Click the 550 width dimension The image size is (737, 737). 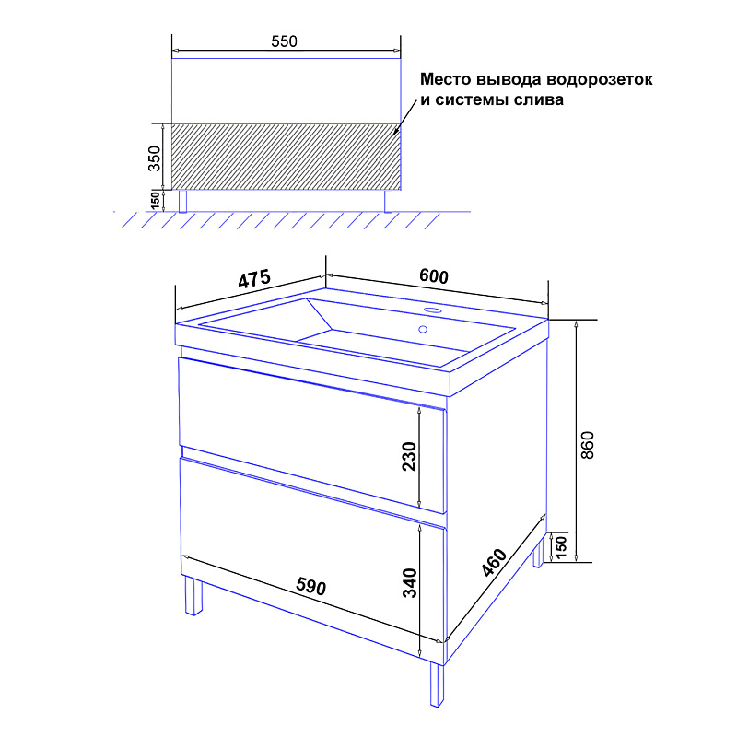[x=284, y=41]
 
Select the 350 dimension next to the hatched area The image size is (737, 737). [x=154, y=158]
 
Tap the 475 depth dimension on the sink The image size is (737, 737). [x=254, y=279]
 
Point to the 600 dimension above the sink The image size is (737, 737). [x=433, y=275]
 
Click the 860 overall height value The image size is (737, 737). [x=588, y=445]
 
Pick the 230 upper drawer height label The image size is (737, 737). [x=409, y=456]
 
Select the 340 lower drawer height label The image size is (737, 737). [x=410, y=583]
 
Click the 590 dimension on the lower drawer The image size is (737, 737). [x=310, y=586]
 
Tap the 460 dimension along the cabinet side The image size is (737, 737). [x=495, y=562]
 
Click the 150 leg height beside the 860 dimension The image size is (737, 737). [x=561, y=545]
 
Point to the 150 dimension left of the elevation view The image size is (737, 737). [x=155, y=200]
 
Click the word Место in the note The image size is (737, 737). [x=446, y=79]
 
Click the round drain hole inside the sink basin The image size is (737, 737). [x=423, y=330]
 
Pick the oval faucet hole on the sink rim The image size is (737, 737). [x=432, y=310]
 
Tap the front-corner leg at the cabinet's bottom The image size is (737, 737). [x=437, y=684]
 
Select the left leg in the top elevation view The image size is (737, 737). [x=182, y=201]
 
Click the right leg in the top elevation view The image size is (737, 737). [x=388, y=201]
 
